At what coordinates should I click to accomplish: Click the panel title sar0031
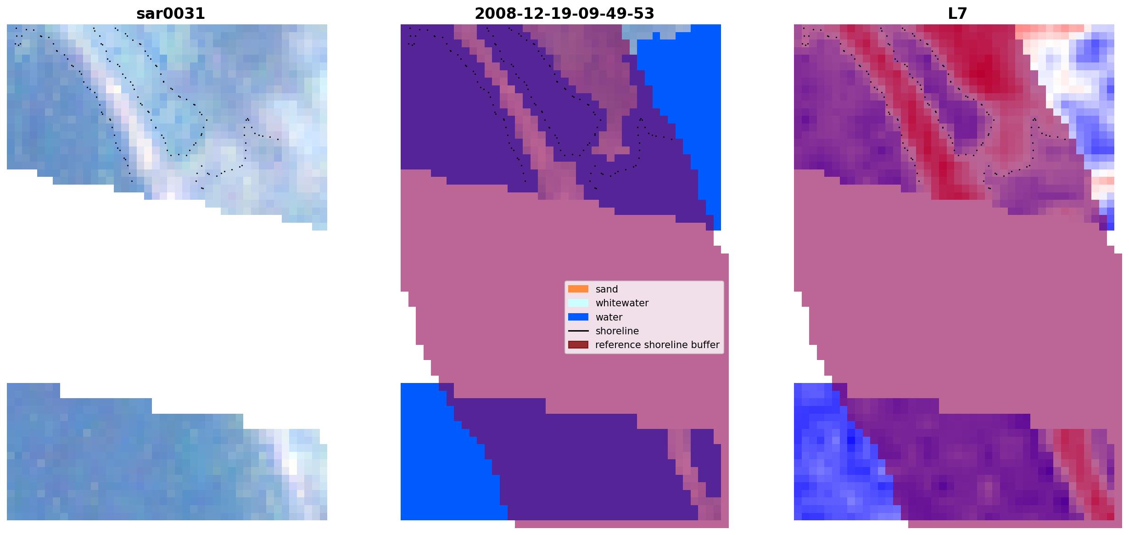click(171, 14)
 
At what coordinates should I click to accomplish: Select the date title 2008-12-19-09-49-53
click(564, 14)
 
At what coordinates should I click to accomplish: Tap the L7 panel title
click(957, 14)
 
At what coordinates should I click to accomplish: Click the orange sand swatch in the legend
click(578, 289)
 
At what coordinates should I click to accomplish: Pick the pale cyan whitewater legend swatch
click(578, 303)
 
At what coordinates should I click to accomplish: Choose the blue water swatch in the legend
click(578, 317)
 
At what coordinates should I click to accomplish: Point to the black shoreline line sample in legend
click(578, 331)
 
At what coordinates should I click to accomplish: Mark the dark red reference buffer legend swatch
click(578, 345)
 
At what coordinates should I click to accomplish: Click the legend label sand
click(607, 289)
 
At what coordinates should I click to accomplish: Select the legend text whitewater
click(622, 303)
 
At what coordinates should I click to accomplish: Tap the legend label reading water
click(609, 317)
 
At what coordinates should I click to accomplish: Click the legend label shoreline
click(617, 331)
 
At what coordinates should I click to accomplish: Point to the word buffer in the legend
click(705, 345)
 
